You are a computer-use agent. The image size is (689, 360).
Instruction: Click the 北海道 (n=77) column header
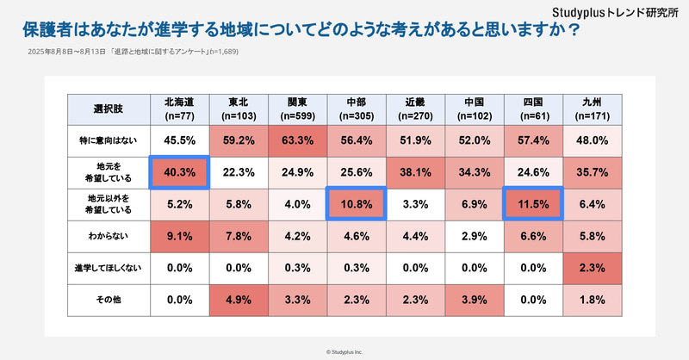(x=180, y=108)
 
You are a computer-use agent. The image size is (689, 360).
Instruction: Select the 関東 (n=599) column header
(x=297, y=108)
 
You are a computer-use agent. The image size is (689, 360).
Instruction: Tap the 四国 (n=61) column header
(x=531, y=108)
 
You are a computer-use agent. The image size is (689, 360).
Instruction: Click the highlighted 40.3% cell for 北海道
(x=180, y=172)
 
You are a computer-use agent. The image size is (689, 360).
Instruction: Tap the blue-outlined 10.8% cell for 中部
(x=356, y=204)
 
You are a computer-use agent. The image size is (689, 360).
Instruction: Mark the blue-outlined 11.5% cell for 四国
(x=531, y=204)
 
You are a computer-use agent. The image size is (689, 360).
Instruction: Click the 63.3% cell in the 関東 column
(x=297, y=140)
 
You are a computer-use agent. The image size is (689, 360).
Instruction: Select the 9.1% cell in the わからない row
(x=180, y=235)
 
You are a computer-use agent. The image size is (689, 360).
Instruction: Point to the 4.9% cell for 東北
(x=239, y=299)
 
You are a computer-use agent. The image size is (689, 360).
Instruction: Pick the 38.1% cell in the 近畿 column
(x=414, y=172)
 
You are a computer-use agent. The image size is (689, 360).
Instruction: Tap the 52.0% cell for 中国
(x=473, y=140)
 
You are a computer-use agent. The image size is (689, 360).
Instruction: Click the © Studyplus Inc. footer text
(x=344, y=351)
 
